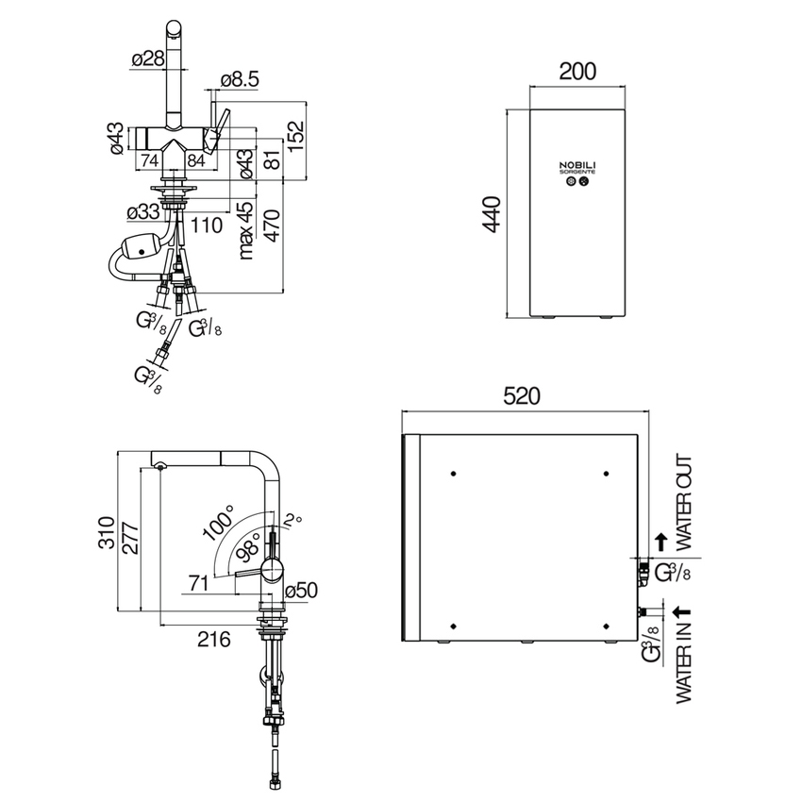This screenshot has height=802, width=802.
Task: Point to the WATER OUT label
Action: (686, 503)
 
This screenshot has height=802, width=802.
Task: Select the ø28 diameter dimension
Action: (147, 58)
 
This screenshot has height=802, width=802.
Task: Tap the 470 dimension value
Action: (272, 227)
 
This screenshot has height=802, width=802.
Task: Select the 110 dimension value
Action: (206, 225)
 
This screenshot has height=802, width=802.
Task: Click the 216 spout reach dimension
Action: (214, 639)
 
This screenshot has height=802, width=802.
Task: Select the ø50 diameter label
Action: (300, 590)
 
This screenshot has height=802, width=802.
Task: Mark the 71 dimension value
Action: (197, 583)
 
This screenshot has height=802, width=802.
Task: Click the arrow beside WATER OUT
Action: (661, 541)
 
